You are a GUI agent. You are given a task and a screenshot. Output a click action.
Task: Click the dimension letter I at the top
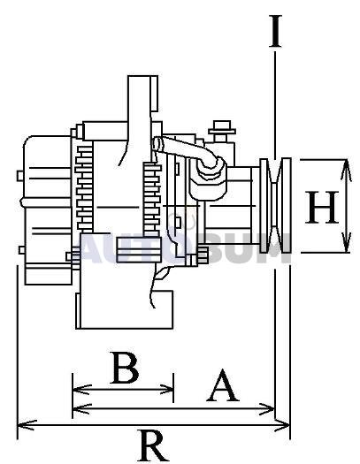pos(275,31)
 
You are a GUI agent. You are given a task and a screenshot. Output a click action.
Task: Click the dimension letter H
pos(321,207)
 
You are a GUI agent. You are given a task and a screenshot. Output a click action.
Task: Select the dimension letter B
pos(125,368)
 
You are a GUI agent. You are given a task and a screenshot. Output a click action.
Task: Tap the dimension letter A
pos(223,385)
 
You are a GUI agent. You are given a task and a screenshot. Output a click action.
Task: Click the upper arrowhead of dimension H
pos(346,170)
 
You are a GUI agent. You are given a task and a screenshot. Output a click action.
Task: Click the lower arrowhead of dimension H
pos(346,243)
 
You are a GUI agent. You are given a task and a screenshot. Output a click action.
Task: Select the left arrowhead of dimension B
pos(81,390)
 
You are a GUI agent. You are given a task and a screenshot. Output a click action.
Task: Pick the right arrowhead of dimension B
pos(165,390)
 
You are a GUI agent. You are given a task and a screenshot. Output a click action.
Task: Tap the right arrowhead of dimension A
pos(266,409)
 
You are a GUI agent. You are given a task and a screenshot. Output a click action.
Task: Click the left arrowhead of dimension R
pos(27,425)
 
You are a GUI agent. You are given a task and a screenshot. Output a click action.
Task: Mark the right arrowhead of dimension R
pos(280,425)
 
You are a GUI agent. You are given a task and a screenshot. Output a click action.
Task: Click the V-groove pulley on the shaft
pos(275,205)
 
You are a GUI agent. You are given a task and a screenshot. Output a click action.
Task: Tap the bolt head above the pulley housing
pos(222,128)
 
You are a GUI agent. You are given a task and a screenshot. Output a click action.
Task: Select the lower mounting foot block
pos(125,309)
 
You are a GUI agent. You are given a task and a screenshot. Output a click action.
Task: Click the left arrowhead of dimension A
pos(81,409)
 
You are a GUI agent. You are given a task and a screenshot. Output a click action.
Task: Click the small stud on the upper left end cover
pos(20,176)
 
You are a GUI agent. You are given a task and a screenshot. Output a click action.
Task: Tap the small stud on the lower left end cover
pos(22,250)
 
